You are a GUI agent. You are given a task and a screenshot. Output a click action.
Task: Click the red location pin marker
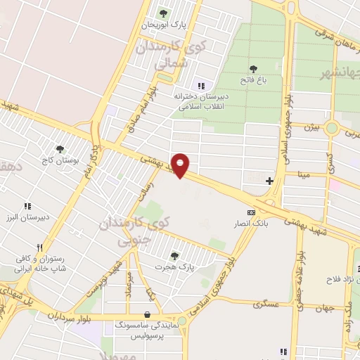pyautogui.click(x=181, y=165)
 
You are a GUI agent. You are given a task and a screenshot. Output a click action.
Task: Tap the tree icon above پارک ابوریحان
pyautogui.click(x=163, y=13)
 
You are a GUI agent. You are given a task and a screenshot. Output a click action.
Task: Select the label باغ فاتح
pyautogui.click(x=253, y=81)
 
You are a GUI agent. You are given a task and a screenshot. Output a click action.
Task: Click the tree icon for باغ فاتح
pyautogui.click(x=253, y=69)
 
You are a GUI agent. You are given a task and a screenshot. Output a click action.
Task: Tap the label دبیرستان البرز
pyautogui.click(x=28, y=217)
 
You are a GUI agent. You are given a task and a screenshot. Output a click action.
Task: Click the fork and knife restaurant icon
pyautogui.click(x=40, y=247)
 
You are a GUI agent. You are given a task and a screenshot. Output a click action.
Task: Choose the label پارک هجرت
pyautogui.click(x=174, y=267)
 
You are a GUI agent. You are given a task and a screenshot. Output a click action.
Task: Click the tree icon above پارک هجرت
pyautogui.click(x=174, y=255)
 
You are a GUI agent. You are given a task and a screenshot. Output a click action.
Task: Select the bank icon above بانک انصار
pyautogui.click(x=251, y=212)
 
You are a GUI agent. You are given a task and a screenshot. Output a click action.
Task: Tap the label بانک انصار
pyautogui.click(x=251, y=224)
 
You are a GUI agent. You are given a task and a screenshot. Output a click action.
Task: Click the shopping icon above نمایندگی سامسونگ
pyautogui.click(x=147, y=315)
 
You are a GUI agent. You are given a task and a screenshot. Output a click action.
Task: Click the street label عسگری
pyautogui.click(x=267, y=304)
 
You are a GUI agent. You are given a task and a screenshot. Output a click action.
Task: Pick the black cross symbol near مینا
pyautogui.click(x=270, y=181)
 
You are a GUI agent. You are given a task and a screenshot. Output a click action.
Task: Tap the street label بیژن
pyautogui.click(x=311, y=127)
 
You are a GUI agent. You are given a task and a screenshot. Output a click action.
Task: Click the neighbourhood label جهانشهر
pyautogui.click(x=341, y=72)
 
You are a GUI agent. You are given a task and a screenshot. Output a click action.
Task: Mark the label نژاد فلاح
pyautogui.click(x=342, y=280)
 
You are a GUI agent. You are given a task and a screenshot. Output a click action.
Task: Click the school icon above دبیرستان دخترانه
pyautogui.click(x=200, y=85)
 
